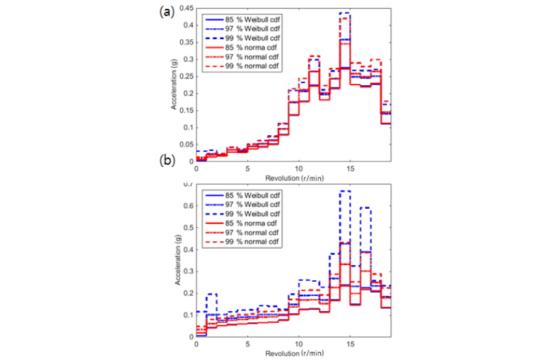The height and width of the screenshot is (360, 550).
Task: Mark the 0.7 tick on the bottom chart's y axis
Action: [x=188, y=185]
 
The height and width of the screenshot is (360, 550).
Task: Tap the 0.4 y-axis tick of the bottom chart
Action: [x=188, y=250]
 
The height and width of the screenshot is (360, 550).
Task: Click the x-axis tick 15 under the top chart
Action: [x=349, y=168]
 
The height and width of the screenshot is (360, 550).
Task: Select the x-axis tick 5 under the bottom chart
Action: [x=247, y=344]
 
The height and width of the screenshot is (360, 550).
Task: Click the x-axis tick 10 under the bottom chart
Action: [x=298, y=344]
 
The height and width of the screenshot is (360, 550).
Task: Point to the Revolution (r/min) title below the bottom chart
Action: [x=292, y=352]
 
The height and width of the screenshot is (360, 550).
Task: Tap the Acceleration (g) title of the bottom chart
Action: [x=176, y=262]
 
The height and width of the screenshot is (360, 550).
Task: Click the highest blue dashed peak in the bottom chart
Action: [x=344, y=191]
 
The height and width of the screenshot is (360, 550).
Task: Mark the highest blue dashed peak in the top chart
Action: [x=344, y=12]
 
